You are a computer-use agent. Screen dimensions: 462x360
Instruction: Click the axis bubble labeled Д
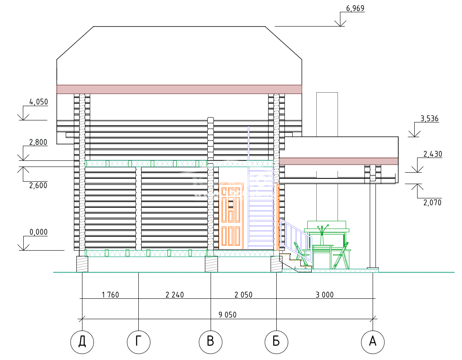(82, 342)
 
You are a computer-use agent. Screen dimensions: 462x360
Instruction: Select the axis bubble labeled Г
(138, 342)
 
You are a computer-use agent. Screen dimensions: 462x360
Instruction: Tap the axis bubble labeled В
(211, 342)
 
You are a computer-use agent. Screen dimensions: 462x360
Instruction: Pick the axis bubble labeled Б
(276, 342)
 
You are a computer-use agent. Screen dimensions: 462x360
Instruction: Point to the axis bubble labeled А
(373, 342)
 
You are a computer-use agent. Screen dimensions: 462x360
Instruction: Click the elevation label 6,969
(355, 8)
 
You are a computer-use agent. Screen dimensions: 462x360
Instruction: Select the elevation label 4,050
(38, 102)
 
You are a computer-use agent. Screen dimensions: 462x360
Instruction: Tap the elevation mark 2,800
(38, 142)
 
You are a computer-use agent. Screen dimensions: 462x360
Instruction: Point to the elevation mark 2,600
(38, 185)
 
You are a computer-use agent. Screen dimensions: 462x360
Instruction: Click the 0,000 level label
(39, 232)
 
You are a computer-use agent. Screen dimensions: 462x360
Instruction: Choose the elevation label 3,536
(429, 119)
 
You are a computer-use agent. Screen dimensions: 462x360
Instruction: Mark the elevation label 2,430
(433, 154)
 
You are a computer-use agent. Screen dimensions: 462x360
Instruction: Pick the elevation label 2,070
(433, 202)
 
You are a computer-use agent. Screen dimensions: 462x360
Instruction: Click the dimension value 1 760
(111, 295)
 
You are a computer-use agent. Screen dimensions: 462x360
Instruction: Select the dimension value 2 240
(175, 295)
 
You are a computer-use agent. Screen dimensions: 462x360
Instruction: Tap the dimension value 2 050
(243, 295)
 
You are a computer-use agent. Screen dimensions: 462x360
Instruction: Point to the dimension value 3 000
(325, 295)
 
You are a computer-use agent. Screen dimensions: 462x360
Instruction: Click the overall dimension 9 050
(227, 315)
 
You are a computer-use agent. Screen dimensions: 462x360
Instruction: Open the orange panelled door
(231, 216)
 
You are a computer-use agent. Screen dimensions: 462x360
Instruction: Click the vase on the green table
(322, 235)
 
